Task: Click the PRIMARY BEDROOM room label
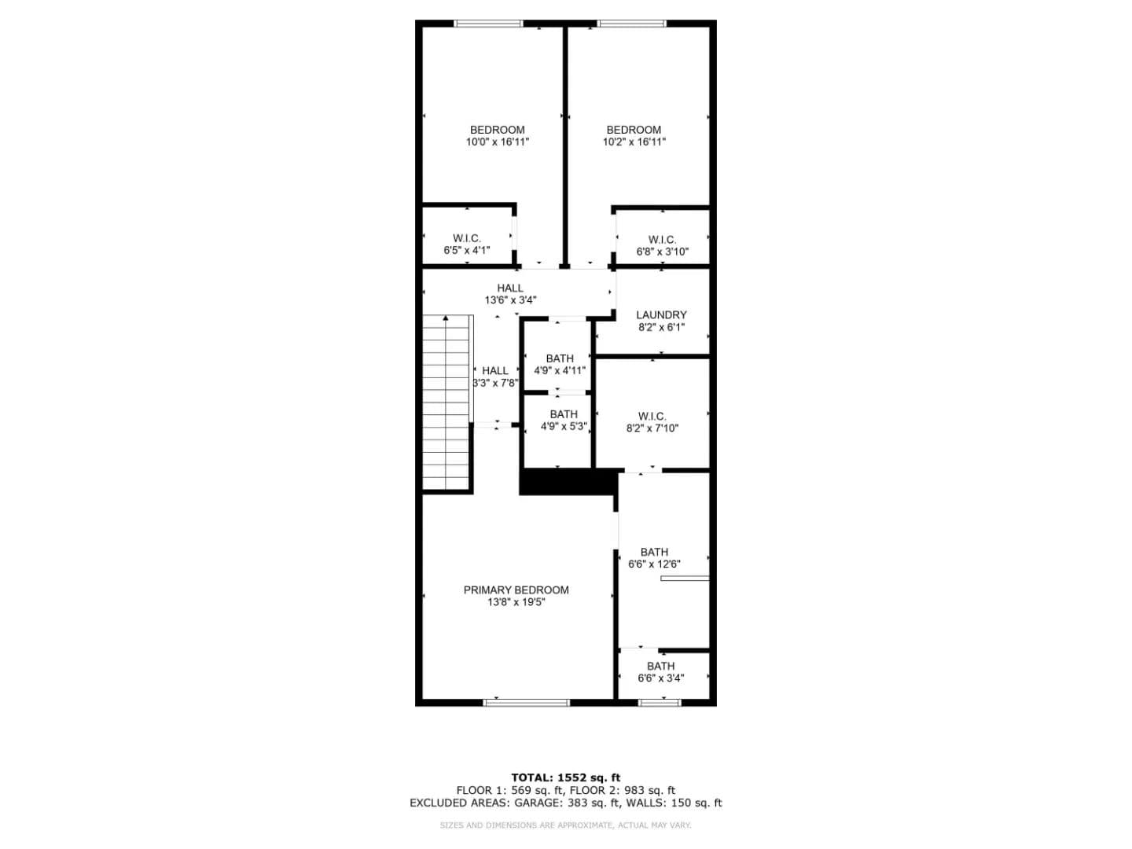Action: coord(516,590)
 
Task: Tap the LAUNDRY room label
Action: coord(661,314)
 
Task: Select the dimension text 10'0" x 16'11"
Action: coord(498,141)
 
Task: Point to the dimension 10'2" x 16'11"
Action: coord(634,141)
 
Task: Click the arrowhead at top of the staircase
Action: coord(446,318)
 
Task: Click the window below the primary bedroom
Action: coord(527,703)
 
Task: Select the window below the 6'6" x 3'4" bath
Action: coord(660,703)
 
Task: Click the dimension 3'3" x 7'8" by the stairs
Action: coord(495,383)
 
